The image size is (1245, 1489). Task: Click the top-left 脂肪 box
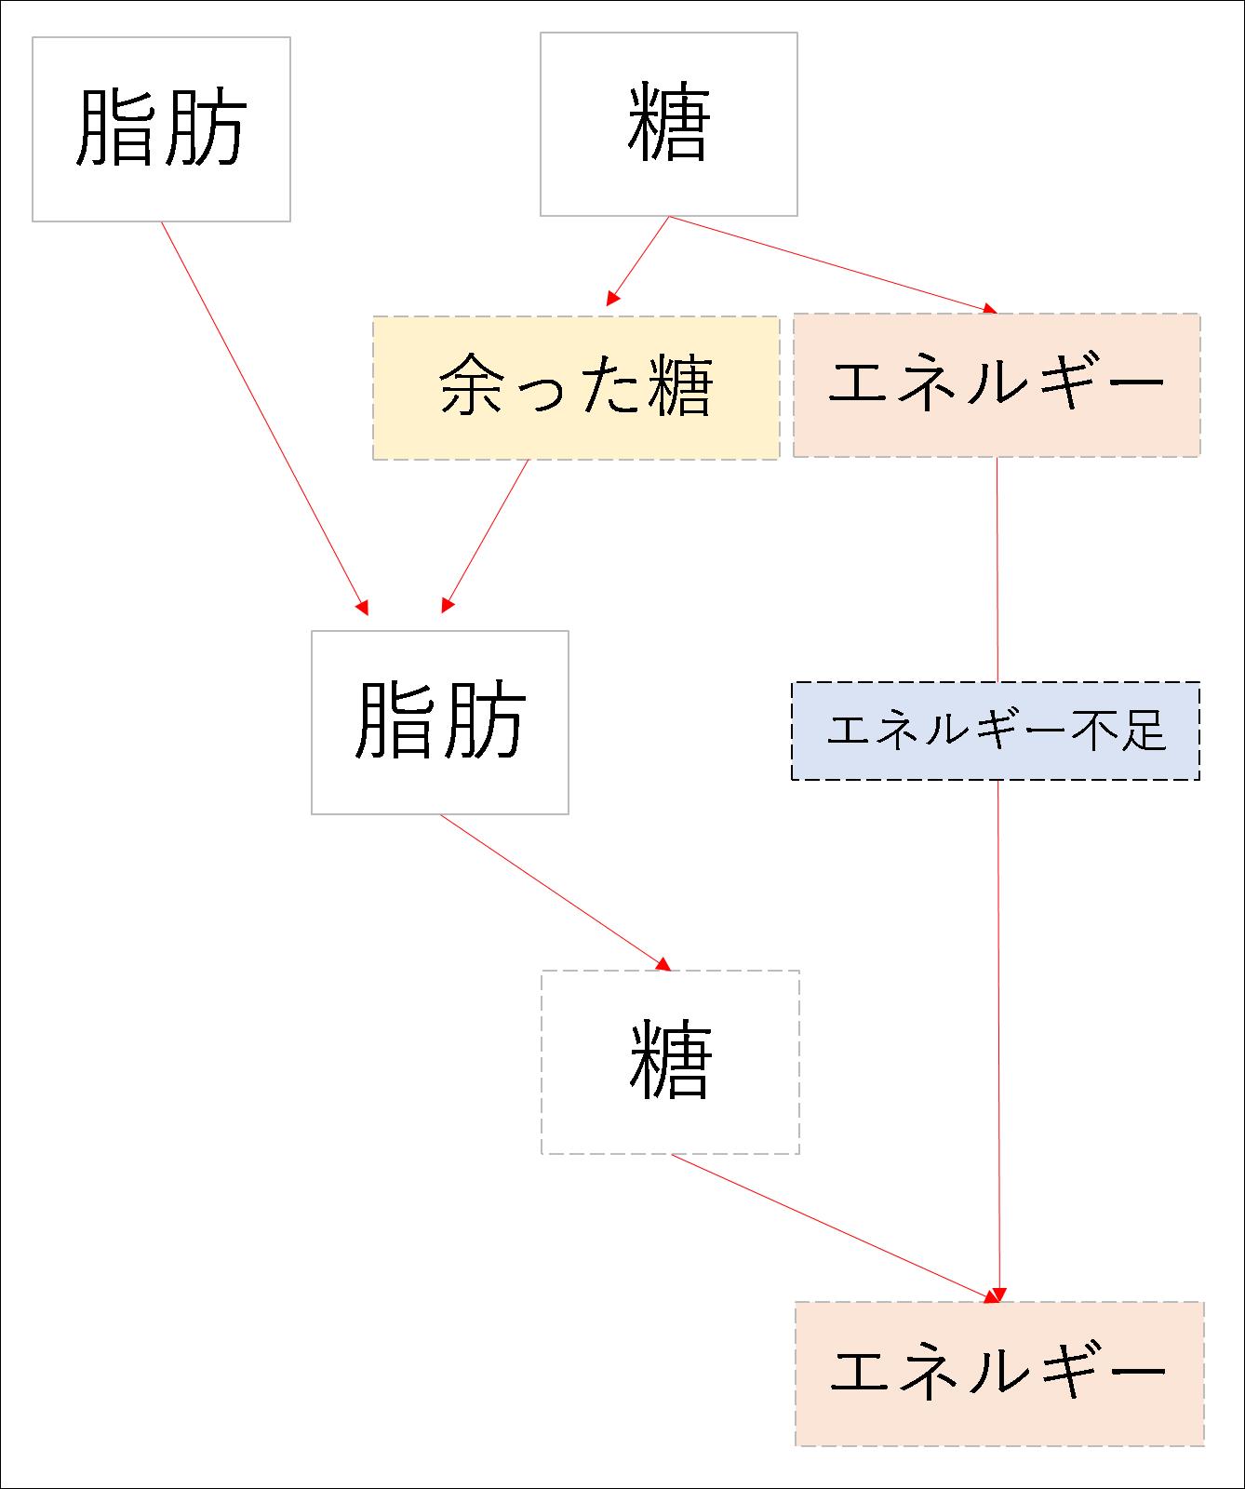pos(161,129)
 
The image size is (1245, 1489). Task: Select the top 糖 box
pos(668,124)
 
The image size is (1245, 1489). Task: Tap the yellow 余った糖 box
pos(575,387)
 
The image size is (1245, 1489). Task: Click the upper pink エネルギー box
pos(996,384)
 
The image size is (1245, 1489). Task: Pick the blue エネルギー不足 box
pos(995,731)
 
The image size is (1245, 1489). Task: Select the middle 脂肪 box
pos(439,722)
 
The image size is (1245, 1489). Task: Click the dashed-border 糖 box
pos(670,1062)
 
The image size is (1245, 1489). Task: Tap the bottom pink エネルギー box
pos(998,1373)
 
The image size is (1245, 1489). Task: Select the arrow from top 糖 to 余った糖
pos(638,261)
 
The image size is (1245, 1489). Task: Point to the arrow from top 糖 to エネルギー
pos(833,264)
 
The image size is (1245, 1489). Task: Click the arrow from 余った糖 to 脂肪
pos(486,535)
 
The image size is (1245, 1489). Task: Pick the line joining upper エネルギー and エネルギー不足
pos(997,569)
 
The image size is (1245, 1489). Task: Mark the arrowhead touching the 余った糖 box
pos(612,299)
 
